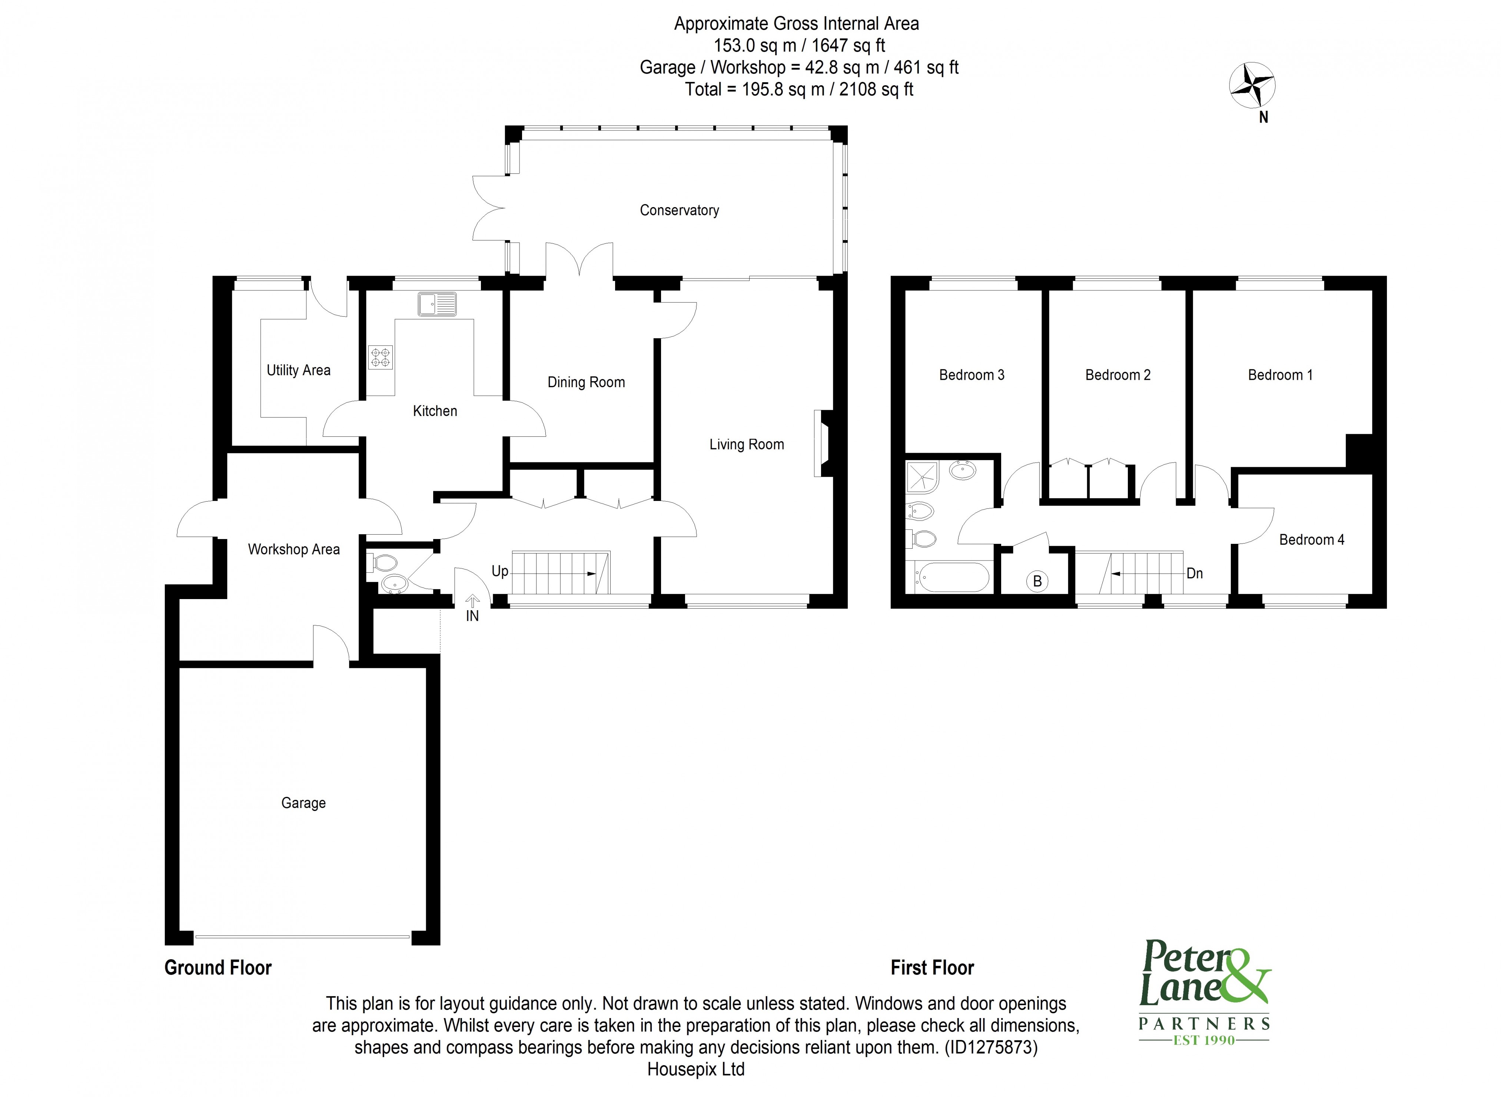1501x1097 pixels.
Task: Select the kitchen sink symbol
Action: tap(437, 304)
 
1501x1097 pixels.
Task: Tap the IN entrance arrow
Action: tap(472, 602)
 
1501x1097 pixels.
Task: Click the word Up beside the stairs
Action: tap(499, 571)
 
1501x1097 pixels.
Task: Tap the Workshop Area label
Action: tap(293, 549)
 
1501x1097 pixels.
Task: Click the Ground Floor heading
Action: tap(218, 967)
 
